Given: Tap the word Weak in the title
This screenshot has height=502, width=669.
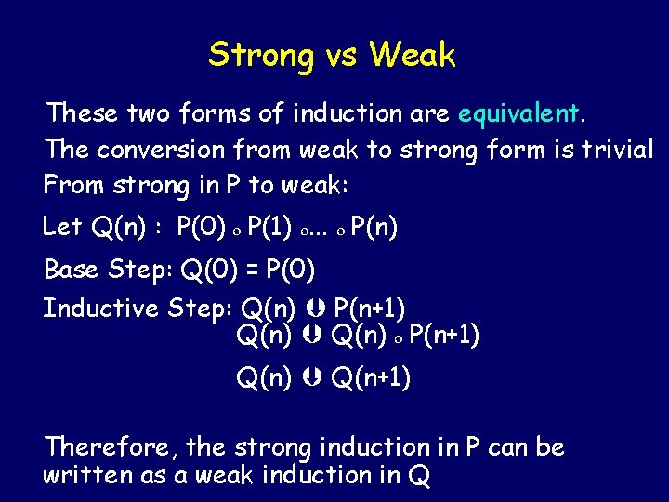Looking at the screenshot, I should pyautogui.click(x=412, y=56).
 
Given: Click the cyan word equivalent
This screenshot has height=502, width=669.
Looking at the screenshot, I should pyautogui.click(x=518, y=114).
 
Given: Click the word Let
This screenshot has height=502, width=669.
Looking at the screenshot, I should pyautogui.click(x=62, y=226).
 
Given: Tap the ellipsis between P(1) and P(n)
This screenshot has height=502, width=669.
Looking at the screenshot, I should pyautogui.click(x=322, y=229).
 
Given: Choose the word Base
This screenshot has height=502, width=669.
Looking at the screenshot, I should pyautogui.click(x=72, y=271).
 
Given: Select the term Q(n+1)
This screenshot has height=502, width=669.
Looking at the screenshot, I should pyautogui.click(x=372, y=378).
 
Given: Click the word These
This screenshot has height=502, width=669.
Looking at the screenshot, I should pyautogui.click(x=82, y=114).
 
